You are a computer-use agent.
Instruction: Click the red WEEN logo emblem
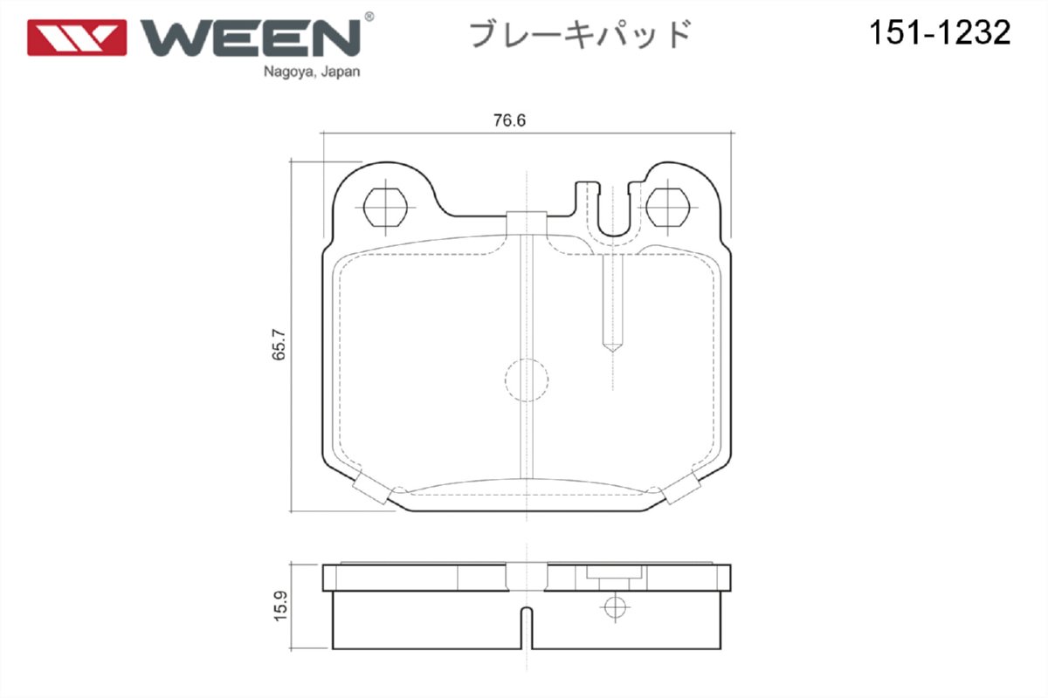(77, 38)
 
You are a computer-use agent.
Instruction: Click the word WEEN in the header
(252, 38)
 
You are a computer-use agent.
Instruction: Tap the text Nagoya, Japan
(311, 72)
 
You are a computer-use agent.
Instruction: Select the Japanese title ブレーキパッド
(581, 35)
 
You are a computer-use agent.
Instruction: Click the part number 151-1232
(939, 33)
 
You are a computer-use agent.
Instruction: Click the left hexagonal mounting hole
(384, 208)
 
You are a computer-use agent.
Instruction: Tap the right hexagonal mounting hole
(670, 208)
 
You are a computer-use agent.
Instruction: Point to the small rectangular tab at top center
(527, 222)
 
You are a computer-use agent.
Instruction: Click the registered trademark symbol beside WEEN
(369, 17)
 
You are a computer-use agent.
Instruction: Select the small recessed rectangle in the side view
(615, 573)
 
